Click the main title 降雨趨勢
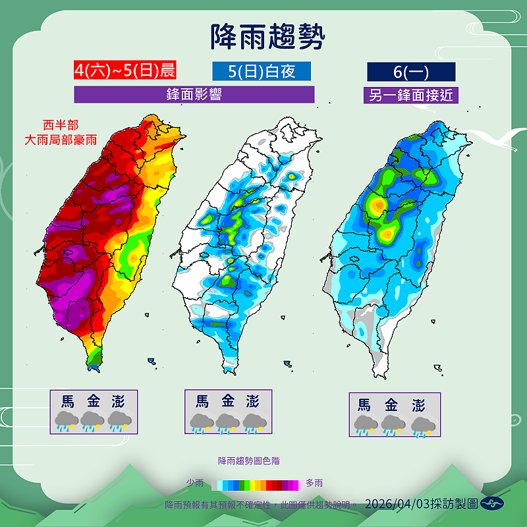[267, 37]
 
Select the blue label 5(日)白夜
[262, 71]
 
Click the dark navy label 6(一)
[411, 71]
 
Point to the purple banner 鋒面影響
[194, 94]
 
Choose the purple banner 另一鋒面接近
[411, 95]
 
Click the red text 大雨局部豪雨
[60, 139]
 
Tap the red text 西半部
[60, 125]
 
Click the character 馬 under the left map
[67, 401]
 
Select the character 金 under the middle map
[227, 401]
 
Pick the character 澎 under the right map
[418, 404]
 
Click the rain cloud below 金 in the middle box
[227, 423]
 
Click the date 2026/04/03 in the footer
[397, 504]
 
